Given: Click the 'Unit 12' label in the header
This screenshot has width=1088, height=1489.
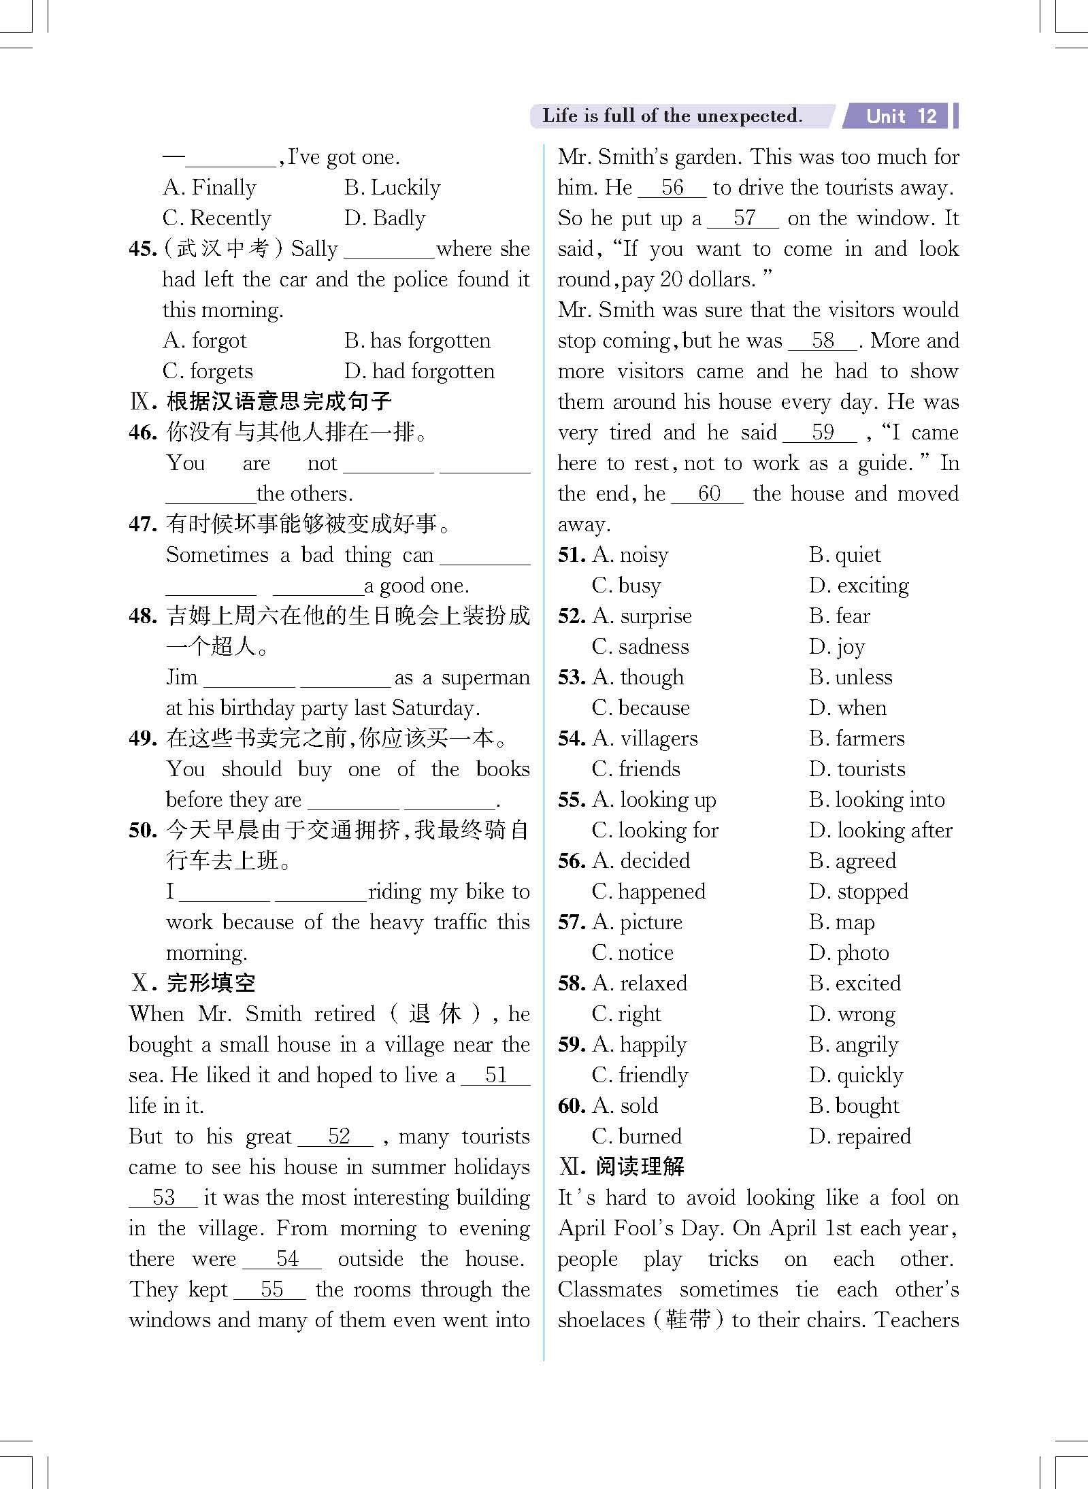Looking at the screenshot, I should click(x=901, y=116).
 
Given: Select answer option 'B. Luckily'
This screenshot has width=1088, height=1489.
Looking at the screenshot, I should click(x=392, y=187).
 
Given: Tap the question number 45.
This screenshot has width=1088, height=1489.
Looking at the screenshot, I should click(x=142, y=249).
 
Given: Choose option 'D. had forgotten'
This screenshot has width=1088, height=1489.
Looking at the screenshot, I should click(x=419, y=371).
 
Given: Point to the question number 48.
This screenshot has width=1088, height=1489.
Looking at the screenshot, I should click(x=142, y=616).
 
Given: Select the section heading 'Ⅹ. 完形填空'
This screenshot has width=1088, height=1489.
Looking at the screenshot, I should click(x=193, y=983).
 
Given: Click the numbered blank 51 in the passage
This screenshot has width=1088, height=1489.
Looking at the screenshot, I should click(x=495, y=1075).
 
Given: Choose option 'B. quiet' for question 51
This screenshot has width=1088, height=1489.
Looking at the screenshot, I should click(x=844, y=555).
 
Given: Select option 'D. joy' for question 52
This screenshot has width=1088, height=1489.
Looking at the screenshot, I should click(x=837, y=647).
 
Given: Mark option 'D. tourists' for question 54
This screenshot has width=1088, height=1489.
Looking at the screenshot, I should click(x=857, y=769).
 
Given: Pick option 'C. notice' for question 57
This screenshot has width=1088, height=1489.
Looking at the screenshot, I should click(x=633, y=953).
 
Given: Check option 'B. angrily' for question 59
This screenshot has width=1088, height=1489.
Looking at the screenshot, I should click(x=854, y=1045).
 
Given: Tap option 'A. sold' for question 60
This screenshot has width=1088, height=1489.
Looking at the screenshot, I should click(x=625, y=1106).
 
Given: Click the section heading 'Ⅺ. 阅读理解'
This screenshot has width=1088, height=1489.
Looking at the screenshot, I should click(x=621, y=1167).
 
